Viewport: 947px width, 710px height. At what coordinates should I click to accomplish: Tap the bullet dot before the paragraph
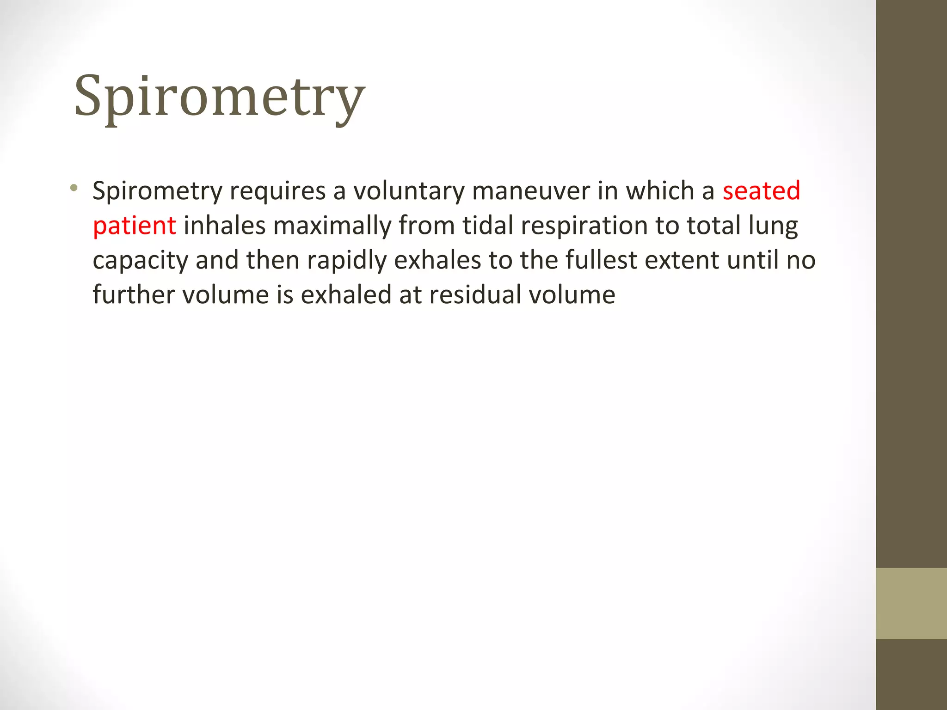click(74, 188)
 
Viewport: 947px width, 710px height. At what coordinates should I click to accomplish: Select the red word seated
click(761, 191)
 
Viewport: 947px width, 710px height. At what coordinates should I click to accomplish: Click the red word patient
click(134, 226)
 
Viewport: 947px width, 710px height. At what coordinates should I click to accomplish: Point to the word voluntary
click(409, 191)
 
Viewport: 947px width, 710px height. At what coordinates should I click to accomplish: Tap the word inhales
click(225, 226)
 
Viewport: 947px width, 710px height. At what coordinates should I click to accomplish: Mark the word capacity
click(140, 261)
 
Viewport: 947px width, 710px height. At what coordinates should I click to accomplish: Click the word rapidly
click(346, 261)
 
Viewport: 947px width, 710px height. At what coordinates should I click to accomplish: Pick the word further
click(134, 295)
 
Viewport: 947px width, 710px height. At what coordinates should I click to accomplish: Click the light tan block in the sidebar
click(911, 603)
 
